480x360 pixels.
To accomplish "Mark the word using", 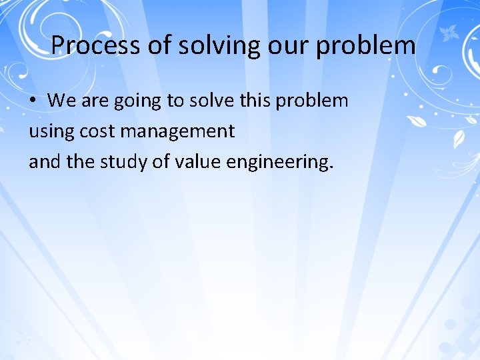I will click(51, 132).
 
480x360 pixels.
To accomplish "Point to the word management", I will click(177, 132).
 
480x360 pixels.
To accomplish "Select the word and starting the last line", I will click(44, 162).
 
